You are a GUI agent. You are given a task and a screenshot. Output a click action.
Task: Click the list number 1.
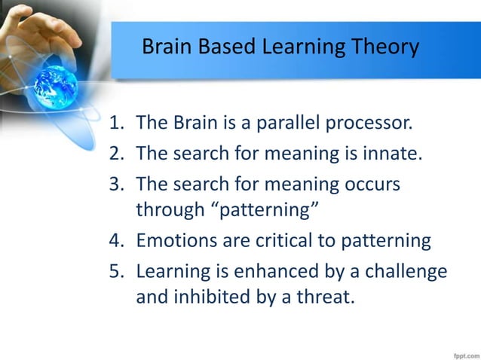116,124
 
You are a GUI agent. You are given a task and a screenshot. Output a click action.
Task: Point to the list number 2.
116,154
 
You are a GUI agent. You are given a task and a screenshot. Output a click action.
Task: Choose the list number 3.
116,185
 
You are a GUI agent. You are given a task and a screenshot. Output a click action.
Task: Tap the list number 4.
116,241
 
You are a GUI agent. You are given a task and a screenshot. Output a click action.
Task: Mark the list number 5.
116,272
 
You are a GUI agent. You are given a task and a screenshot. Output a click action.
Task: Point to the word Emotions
175,241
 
